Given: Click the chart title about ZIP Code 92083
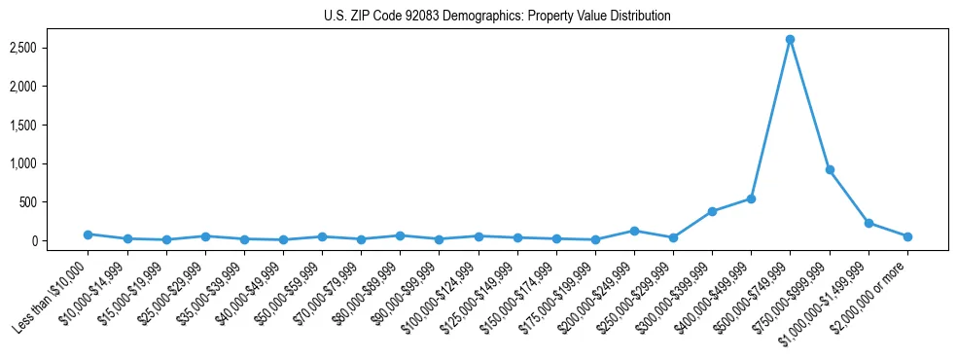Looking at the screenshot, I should coord(497,17).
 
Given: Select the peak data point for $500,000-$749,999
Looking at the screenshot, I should coord(790,40).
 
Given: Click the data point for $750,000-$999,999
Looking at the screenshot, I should coord(829,169).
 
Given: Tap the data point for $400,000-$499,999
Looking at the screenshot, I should coord(751,198).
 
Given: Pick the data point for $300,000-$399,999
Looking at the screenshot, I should coord(712,211).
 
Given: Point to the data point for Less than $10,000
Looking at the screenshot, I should coord(88,234).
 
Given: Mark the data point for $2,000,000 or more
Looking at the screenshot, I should coord(907,236).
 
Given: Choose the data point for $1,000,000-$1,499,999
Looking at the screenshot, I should coord(868,223).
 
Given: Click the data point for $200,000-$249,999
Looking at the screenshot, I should coord(634,231).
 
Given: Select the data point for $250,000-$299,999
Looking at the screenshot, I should coord(673,237).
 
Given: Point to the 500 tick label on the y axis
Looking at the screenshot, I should coord(51,202).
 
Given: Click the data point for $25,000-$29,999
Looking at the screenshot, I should coord(205,236).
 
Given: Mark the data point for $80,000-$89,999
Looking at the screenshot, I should coord(400,235).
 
